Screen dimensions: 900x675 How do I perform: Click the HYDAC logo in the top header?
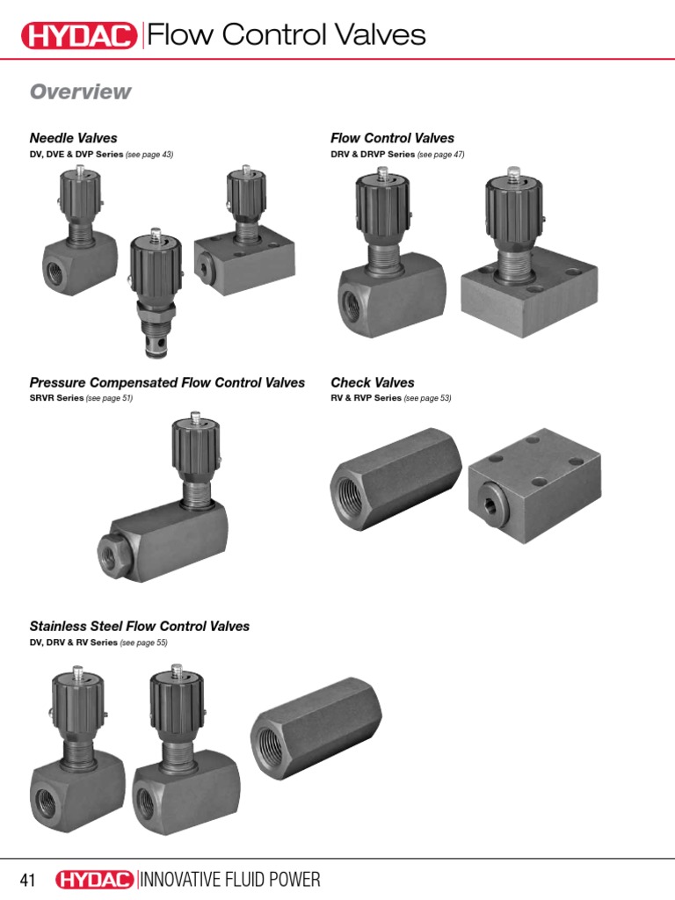tap(79, 35)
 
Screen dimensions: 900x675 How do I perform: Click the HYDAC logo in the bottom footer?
tap(95, 880)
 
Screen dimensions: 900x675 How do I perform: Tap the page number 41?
tap(28, 880)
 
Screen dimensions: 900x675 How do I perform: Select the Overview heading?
tap(80, 91)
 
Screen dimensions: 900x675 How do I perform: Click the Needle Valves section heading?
tap(73, 138)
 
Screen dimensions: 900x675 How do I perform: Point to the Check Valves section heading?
tap(372, 382)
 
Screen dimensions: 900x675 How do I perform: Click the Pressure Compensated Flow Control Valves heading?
tap(167, 382)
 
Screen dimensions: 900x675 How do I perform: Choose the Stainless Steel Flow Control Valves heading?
tap(140, 627)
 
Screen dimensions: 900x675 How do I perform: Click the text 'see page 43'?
tap(149, 155)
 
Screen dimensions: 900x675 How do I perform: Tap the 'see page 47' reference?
tap(440, 155)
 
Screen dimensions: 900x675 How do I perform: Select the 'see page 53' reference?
tap(427, 398)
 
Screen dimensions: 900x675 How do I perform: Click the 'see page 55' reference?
tap(143, 642)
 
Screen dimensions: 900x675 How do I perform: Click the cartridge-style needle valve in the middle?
tap(156, 294)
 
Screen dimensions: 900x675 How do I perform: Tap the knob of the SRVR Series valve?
tap(192, 445)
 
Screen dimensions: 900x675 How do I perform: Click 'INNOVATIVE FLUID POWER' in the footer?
tap(230, 880)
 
